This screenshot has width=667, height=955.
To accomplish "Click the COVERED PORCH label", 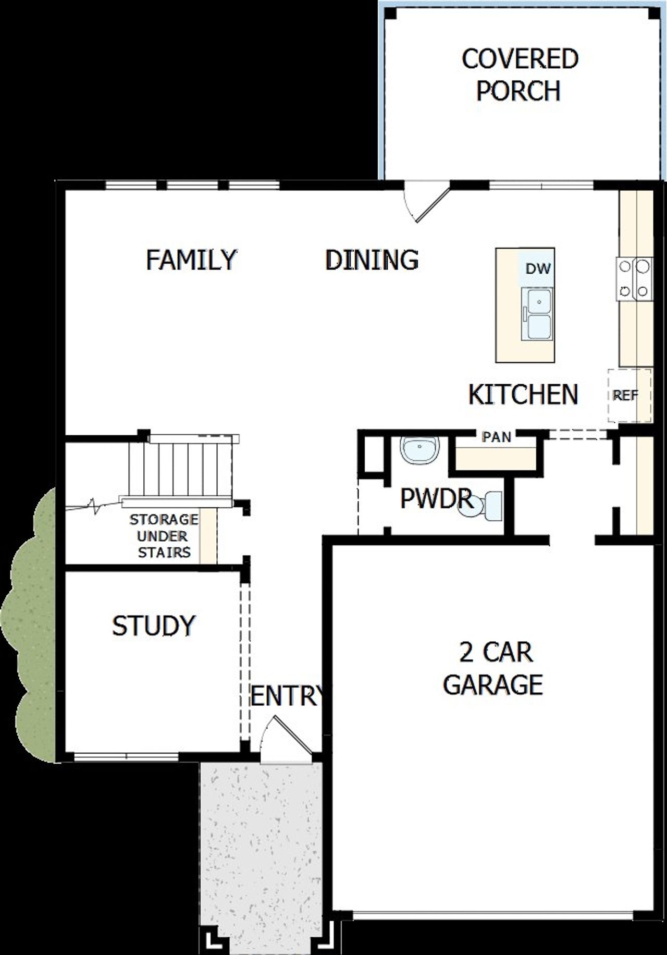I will point(520,75).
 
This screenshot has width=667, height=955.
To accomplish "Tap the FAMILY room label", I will point(191,260).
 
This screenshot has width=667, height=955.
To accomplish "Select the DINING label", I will point(372,260).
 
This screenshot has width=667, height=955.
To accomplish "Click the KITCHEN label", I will point(523,395).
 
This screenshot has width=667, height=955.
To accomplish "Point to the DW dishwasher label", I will point(538,269).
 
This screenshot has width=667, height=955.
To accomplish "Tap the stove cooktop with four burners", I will point(635,279).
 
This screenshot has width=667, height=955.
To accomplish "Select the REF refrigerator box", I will point(629,396).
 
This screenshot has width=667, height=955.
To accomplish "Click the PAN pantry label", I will point(496,437).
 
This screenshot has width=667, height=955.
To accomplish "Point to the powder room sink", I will point(419,450).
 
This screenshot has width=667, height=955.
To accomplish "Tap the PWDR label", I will point(436,498).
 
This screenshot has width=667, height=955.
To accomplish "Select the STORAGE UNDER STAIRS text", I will point(164,536).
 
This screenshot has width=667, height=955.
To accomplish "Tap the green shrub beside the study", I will point(31,626).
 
